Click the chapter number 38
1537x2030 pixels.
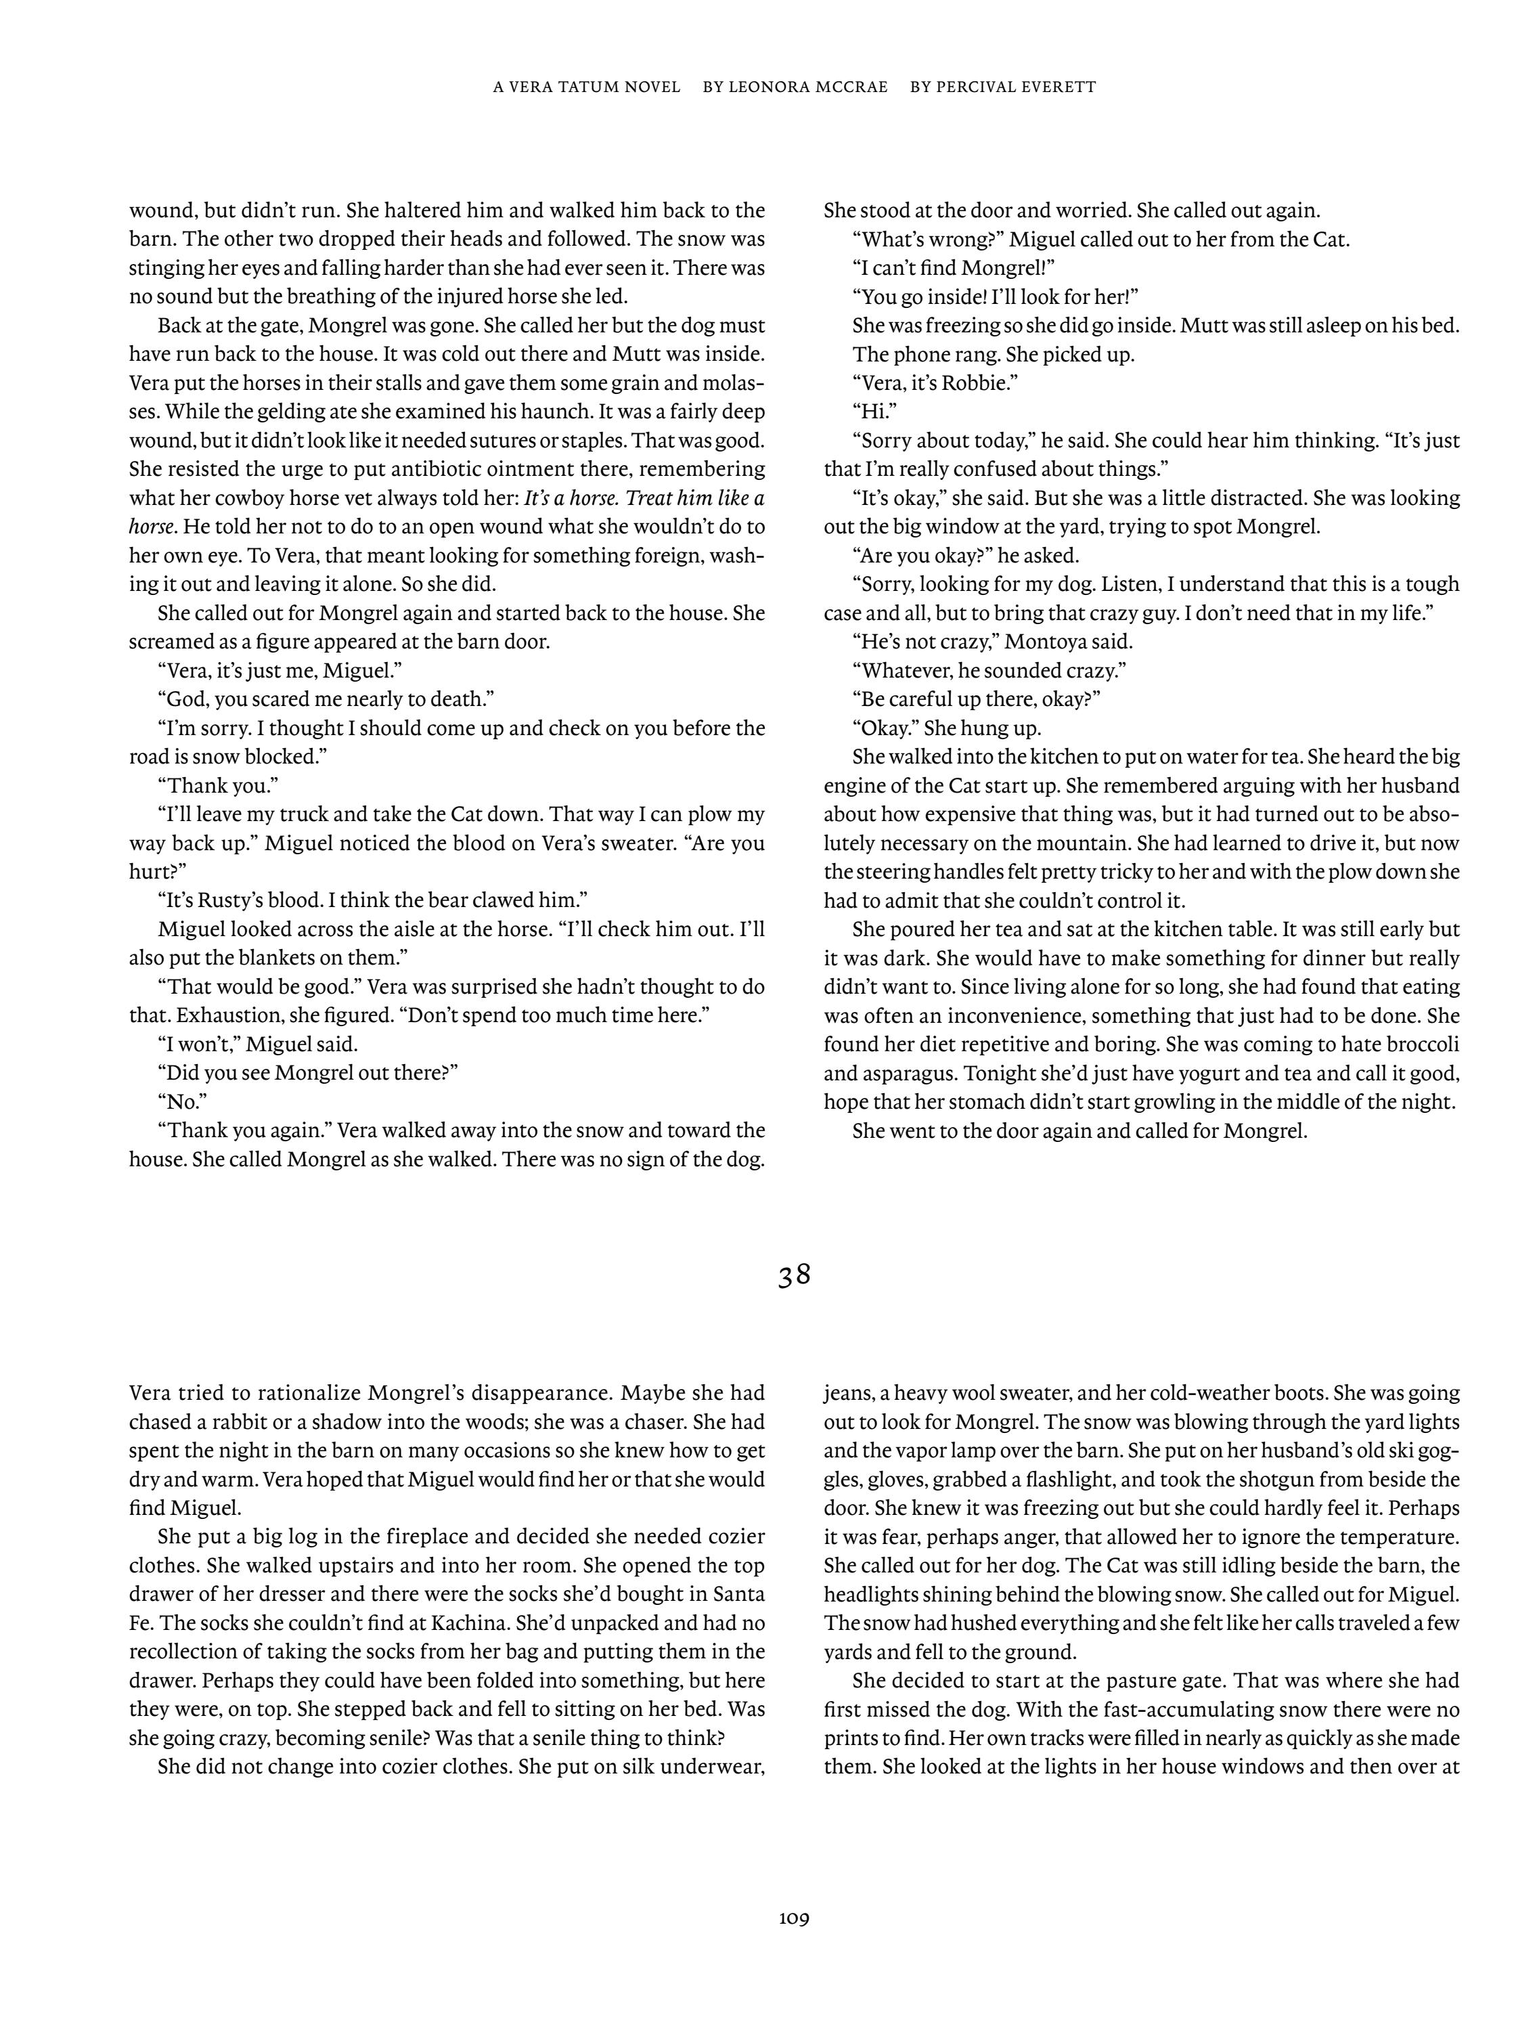(x=794, y=1277)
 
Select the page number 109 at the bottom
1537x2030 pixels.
(x=794, y=1918)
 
